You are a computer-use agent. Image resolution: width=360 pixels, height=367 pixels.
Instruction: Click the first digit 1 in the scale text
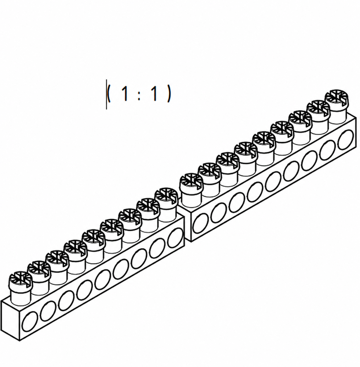pyautogui.click(x=125, y=93)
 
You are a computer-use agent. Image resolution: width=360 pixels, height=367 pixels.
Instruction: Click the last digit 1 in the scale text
pyautogui.click(x=154, y=93)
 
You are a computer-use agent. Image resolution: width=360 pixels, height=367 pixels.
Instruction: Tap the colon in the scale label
pyautogui.click(x=139, y=95)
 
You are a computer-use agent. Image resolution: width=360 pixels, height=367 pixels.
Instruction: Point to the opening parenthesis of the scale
pyautogui.click(x=109, y=94)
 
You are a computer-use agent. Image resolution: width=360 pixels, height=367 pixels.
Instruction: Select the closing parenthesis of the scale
pyautogui.click(x=169, y=94)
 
